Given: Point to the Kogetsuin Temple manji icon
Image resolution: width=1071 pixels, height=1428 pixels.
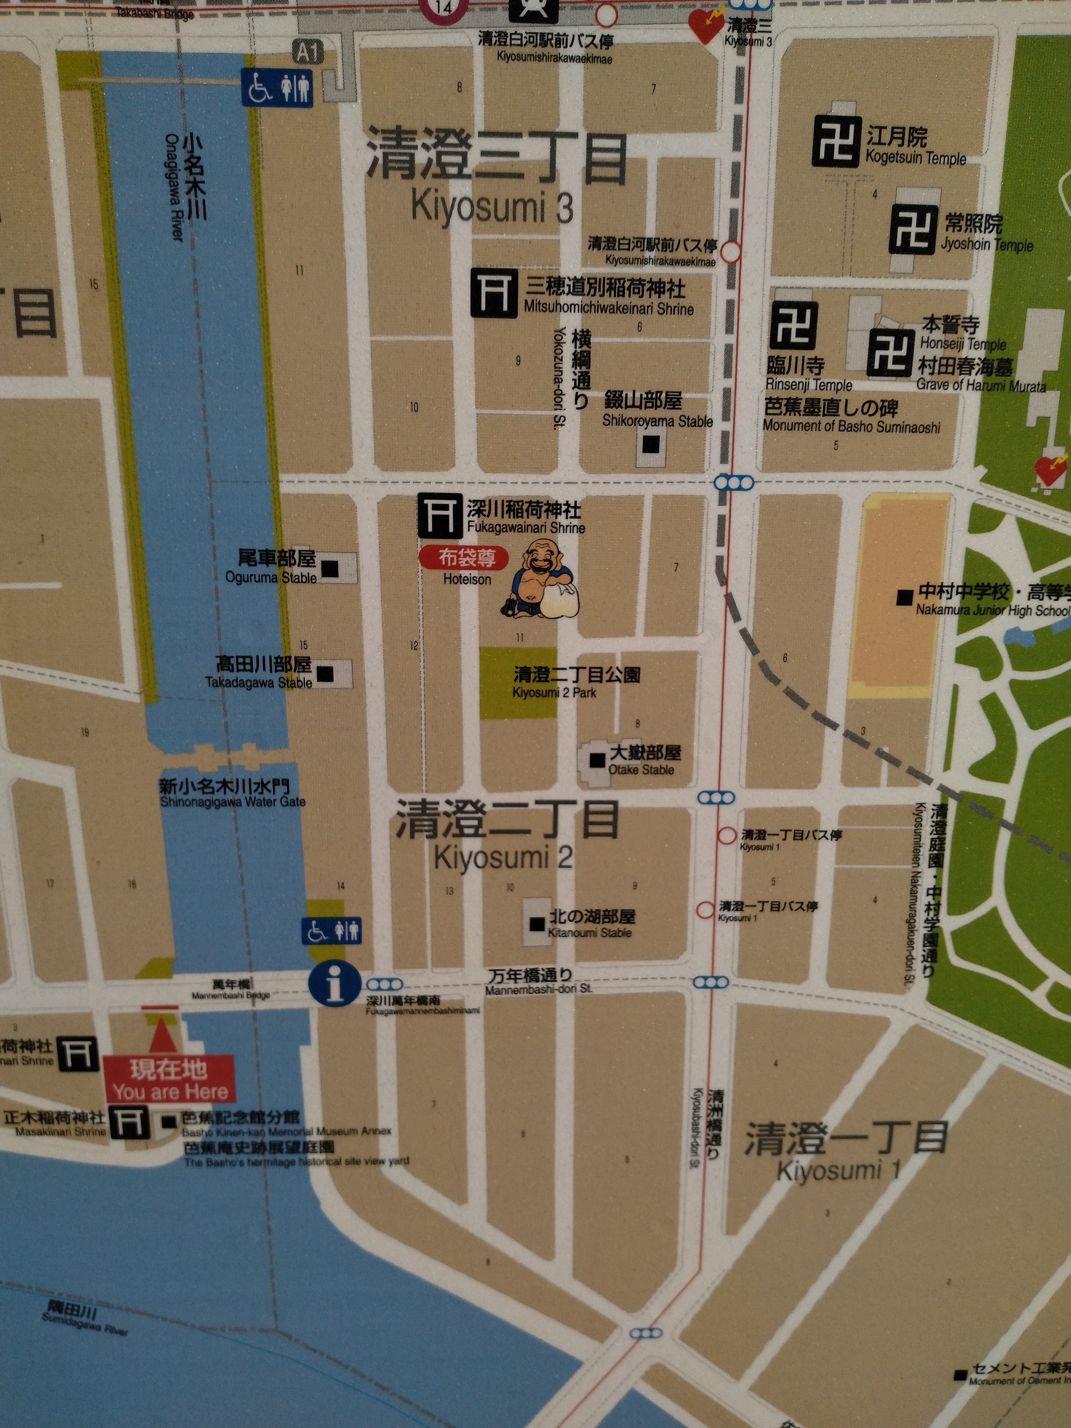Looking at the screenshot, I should pyautogui.click(x=837, y=141).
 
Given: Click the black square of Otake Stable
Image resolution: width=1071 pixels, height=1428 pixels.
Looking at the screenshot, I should pyautogui.click(x=597, y=760).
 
